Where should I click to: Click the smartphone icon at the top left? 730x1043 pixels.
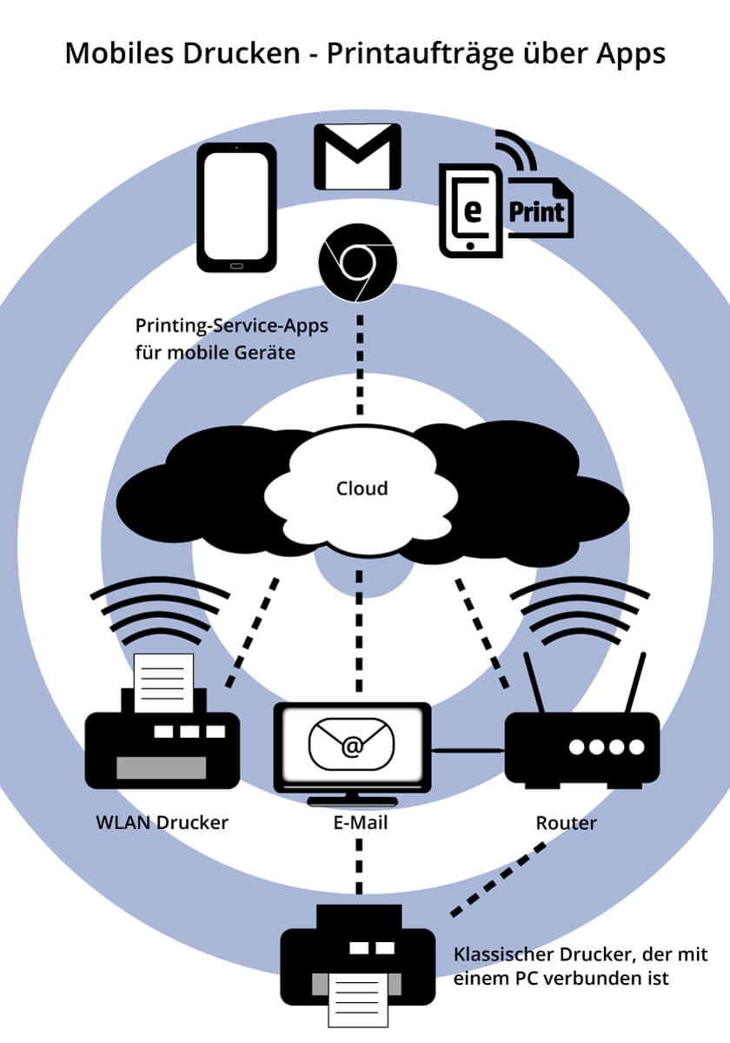pyautogui.click(x=236, y=207)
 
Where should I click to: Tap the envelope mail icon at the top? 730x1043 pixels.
pyautogui.click(x=357, y=156)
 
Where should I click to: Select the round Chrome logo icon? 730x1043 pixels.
pyautogui.click(x=358, y=262)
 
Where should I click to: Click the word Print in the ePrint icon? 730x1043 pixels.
pyautogui.click(x=536, y=211)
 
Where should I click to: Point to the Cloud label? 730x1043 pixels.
pyautogui.click(x=362, y=488)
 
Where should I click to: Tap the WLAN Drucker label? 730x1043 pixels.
pyautogui.click(x=162, y=822)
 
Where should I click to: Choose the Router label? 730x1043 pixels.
pyautogui.click(x=567, y=822)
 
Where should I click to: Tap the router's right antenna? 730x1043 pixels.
pyautogui.click(x=637, y=683)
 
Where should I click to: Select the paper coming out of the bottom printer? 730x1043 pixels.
pyautogui.click(x=358, y=1000)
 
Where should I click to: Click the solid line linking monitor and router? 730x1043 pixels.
pyautogui.click(x=468, y=748)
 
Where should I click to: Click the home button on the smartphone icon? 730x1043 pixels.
pyautogui.click(x=236, y=263)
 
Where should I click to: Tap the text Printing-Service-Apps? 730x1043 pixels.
pyautogui.click(x=231, y=326)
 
